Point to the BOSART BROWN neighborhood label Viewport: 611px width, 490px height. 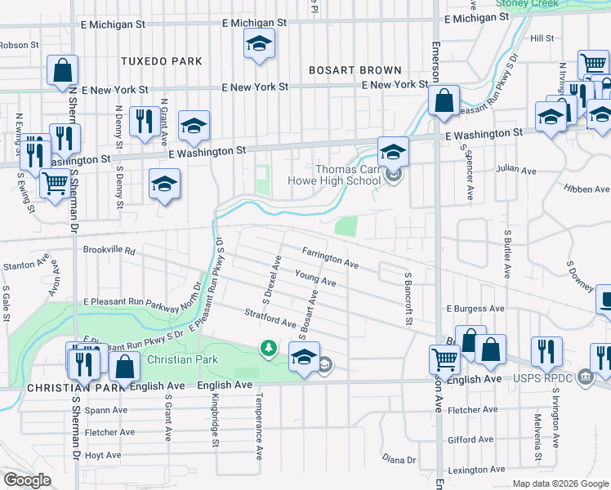pos(355,70)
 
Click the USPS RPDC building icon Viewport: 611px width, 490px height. pos(585,377)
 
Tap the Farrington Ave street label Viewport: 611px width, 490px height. pos(330,259)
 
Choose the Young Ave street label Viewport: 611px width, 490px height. pos(316,280)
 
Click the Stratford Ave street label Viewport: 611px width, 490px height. pos(270,318)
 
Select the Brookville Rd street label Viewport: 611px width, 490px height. pos(108,251)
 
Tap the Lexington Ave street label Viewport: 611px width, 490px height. pos(477,470)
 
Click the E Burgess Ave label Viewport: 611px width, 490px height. pos(474,310)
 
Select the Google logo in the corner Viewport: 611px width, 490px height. pos(27,479)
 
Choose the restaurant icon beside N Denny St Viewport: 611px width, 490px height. pos(145,122)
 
